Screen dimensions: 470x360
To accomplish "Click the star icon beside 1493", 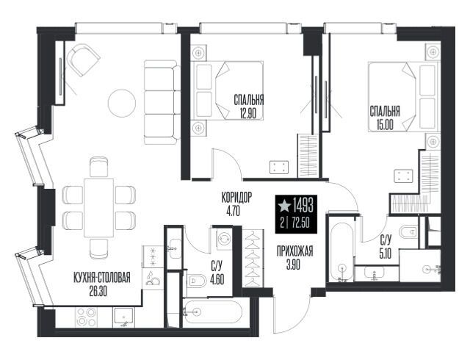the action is (284, 206).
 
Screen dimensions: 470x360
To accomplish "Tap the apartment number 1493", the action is (303, 206).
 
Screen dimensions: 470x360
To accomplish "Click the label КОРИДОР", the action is (236, 198).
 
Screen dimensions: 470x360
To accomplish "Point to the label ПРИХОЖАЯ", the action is (294, 251).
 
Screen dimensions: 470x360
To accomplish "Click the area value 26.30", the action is (98, 292).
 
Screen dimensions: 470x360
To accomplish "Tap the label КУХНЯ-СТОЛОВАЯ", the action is (102, 278).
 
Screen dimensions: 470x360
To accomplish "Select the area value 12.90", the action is (249, 114).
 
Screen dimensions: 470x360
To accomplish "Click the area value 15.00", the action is (385, 125).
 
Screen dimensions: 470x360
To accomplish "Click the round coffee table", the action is (121, 103).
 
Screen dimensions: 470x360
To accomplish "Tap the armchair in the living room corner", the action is (83, 60).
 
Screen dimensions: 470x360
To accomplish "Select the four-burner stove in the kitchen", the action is (87, 317).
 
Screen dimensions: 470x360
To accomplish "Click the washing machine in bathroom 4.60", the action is (223, 239).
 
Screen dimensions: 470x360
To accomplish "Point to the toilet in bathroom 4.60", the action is (197, 281).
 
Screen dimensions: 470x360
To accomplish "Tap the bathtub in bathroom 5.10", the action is (341, 252).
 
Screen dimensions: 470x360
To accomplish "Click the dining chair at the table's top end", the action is (99, 167).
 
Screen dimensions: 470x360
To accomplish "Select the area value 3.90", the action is (293, 265).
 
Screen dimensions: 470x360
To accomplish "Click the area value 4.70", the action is (234, 212).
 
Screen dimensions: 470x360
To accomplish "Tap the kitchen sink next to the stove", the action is (123, 317).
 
